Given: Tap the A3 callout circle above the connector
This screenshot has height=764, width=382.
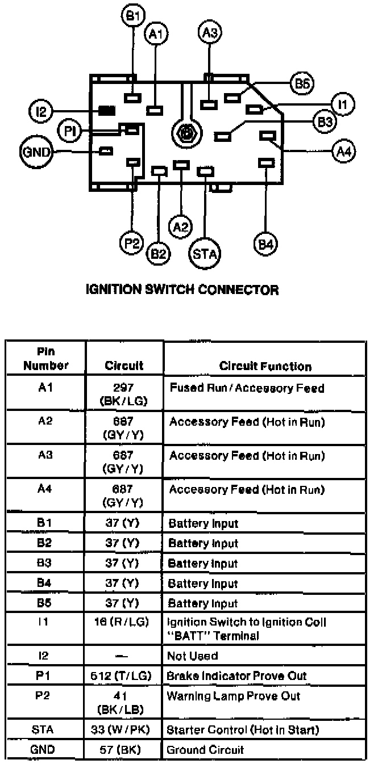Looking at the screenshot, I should click(x=209, y=32).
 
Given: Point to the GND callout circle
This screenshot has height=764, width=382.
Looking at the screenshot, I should click(x=36, y=152).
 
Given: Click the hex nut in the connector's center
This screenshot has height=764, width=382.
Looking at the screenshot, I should click(x=185, y=135).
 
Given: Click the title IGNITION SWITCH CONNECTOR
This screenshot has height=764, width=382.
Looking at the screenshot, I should click(x=182, y=290).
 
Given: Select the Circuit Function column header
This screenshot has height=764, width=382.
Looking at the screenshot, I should click(x=265, y=367).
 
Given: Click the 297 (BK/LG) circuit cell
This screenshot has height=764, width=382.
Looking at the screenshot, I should click(x=124, y=394).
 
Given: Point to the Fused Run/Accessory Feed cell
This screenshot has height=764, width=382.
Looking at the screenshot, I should click(x=247, y=389).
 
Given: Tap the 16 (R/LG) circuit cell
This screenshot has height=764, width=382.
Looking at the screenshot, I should click(x=124, y=623).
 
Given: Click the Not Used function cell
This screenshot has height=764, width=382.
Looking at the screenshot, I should click(x=192, y=656).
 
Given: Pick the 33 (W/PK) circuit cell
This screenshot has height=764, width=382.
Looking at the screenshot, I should click(x=124, y=729).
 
